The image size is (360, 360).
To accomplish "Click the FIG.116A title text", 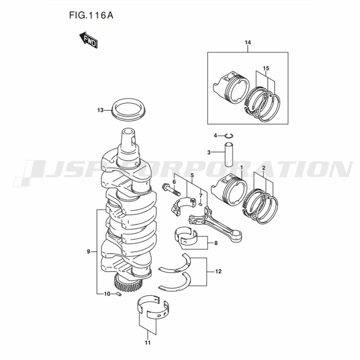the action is point(91,15).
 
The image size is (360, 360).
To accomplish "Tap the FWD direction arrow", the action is point(89,40).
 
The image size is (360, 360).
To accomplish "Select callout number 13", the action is point(100,110).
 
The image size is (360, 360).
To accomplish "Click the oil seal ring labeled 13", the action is point(129,109).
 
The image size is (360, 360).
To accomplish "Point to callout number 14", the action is point(248,42).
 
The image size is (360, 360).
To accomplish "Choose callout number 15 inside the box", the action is point(266,68).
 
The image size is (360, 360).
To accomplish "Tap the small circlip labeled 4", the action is point(229,136).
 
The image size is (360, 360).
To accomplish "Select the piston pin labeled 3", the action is point(229,154).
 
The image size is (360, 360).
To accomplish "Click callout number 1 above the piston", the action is point(241,167).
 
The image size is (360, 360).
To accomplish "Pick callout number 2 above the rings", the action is point(264,168).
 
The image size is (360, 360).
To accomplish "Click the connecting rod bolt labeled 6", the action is point(171,189).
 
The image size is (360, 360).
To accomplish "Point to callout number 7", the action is point(201,195).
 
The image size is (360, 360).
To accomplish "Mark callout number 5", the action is point(192,175).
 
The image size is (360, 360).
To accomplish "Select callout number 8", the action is point(216,243).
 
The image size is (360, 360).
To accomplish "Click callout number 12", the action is point(218,271).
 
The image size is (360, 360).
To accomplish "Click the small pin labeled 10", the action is point(119,294).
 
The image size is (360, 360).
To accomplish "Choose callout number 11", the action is point(147,343).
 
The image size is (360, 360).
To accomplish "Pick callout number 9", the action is point(89,252).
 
